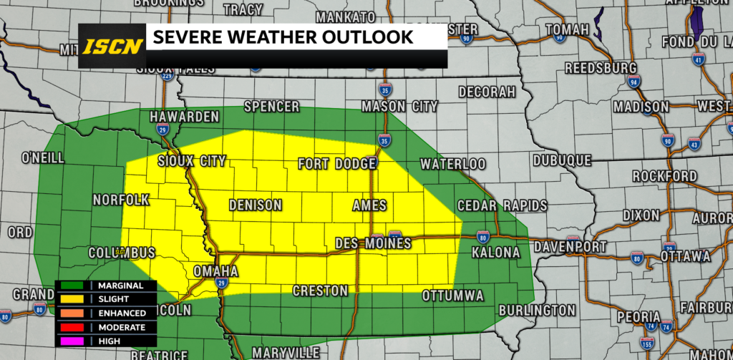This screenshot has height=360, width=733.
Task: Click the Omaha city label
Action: click(215, 271)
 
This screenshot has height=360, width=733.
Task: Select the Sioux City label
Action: click(190, 161)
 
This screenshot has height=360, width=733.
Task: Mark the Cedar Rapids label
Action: click(503, 205)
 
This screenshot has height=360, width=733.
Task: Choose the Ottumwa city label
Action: click(453, 295)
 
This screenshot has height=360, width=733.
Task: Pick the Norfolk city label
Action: click(121, 200)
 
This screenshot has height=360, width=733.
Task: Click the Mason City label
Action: click(399, 106)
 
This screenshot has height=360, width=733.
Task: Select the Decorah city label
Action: click(487, 92)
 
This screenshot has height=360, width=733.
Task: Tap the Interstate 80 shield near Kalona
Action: click(483, 235)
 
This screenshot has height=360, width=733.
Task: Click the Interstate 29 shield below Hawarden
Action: click(162, 130)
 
